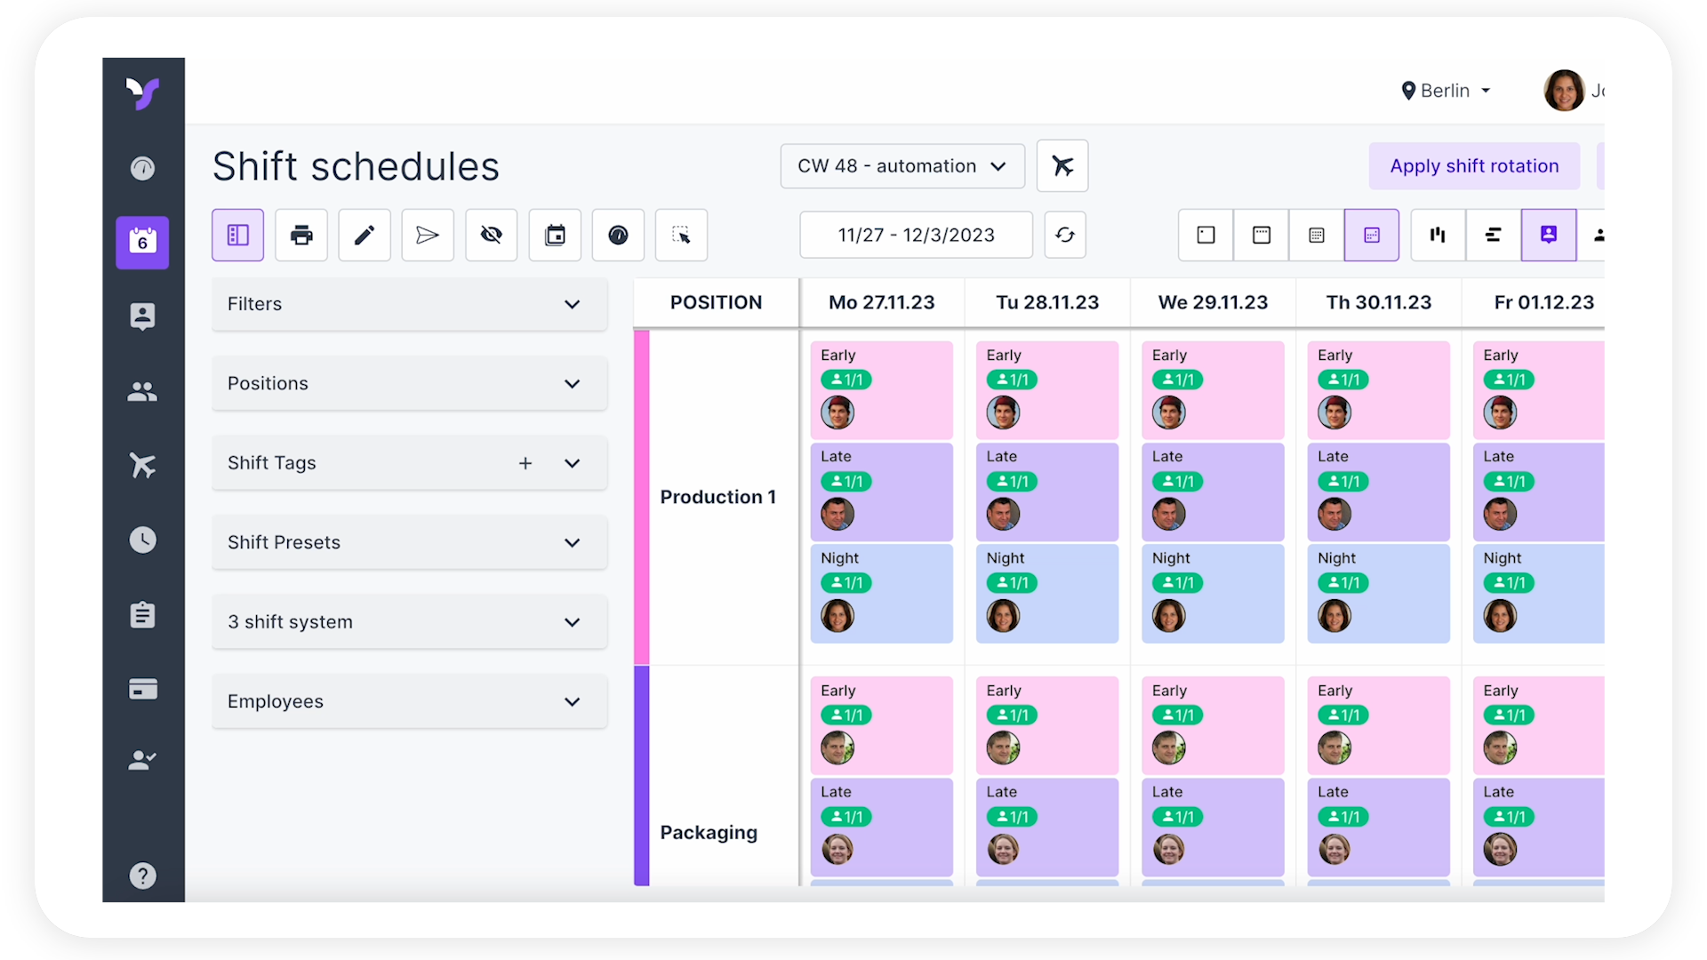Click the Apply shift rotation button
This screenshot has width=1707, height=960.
1473,166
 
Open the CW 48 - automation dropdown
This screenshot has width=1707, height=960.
902,166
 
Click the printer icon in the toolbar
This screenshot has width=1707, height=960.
301,235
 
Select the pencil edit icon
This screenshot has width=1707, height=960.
365,235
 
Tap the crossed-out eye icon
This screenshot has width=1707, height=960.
491,235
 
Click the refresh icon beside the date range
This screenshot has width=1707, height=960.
1064,235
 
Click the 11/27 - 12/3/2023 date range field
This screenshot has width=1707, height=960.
916,235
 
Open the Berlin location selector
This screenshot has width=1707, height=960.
1446,91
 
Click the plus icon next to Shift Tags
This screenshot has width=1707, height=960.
525,463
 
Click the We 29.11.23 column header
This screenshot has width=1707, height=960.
1213,302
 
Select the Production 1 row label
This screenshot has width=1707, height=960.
717,497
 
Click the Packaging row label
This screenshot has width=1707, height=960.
709,833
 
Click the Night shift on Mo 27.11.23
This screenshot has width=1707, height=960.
881,593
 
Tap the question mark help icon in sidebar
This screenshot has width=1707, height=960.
142,876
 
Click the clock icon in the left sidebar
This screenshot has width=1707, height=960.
142,540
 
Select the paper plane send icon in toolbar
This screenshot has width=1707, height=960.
428,235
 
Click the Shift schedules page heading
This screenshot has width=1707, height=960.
356,166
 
